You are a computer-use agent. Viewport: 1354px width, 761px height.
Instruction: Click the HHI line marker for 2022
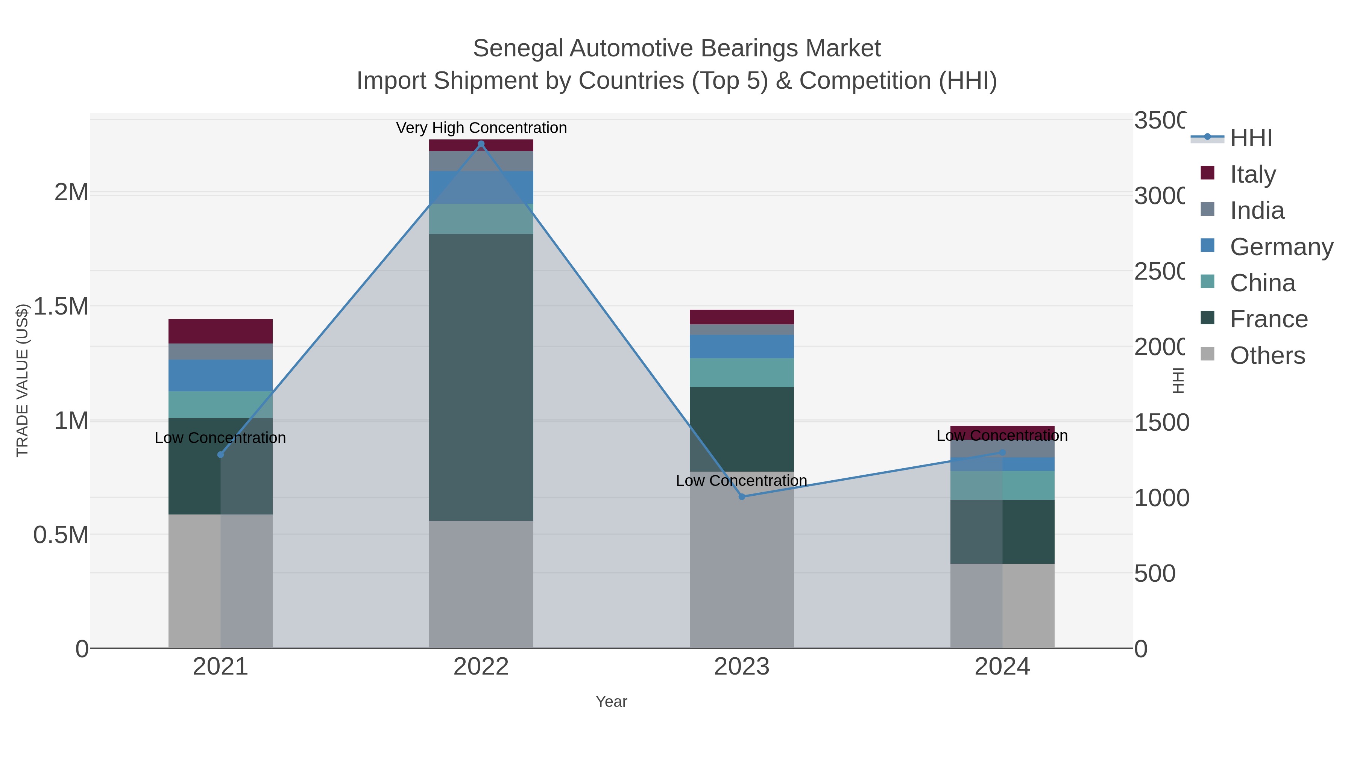[x=481, y=144]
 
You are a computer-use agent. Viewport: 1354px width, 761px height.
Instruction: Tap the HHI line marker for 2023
[x=742, y=496]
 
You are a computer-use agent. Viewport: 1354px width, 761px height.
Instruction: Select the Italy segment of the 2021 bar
[x=220, y=331]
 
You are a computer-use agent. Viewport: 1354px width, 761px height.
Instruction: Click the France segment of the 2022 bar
[x=481, y=377]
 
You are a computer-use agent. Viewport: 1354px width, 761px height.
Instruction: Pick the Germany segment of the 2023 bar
[x=742, y=346]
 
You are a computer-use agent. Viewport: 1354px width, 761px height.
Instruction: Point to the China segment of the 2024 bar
[x=1002, y=485]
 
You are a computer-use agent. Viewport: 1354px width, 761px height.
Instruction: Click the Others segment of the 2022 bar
[x=481, y=584]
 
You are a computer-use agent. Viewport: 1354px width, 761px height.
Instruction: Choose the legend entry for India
[x=1256, y=210]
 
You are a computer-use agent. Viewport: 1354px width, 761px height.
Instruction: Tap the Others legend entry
[x=1267, y=355]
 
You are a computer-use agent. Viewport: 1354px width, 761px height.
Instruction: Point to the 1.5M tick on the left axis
[x=61, y=306]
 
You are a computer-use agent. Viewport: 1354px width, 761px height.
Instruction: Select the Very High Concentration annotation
[x=481, y=128]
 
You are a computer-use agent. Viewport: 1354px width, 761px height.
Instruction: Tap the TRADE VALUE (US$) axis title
[x=22, y=380]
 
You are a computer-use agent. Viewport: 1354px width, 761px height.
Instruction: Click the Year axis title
[x=611, y=702]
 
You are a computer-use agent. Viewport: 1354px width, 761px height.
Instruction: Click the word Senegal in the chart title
[x=518, y=48]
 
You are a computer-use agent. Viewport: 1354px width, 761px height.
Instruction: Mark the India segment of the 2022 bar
[x=481, y=161]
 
